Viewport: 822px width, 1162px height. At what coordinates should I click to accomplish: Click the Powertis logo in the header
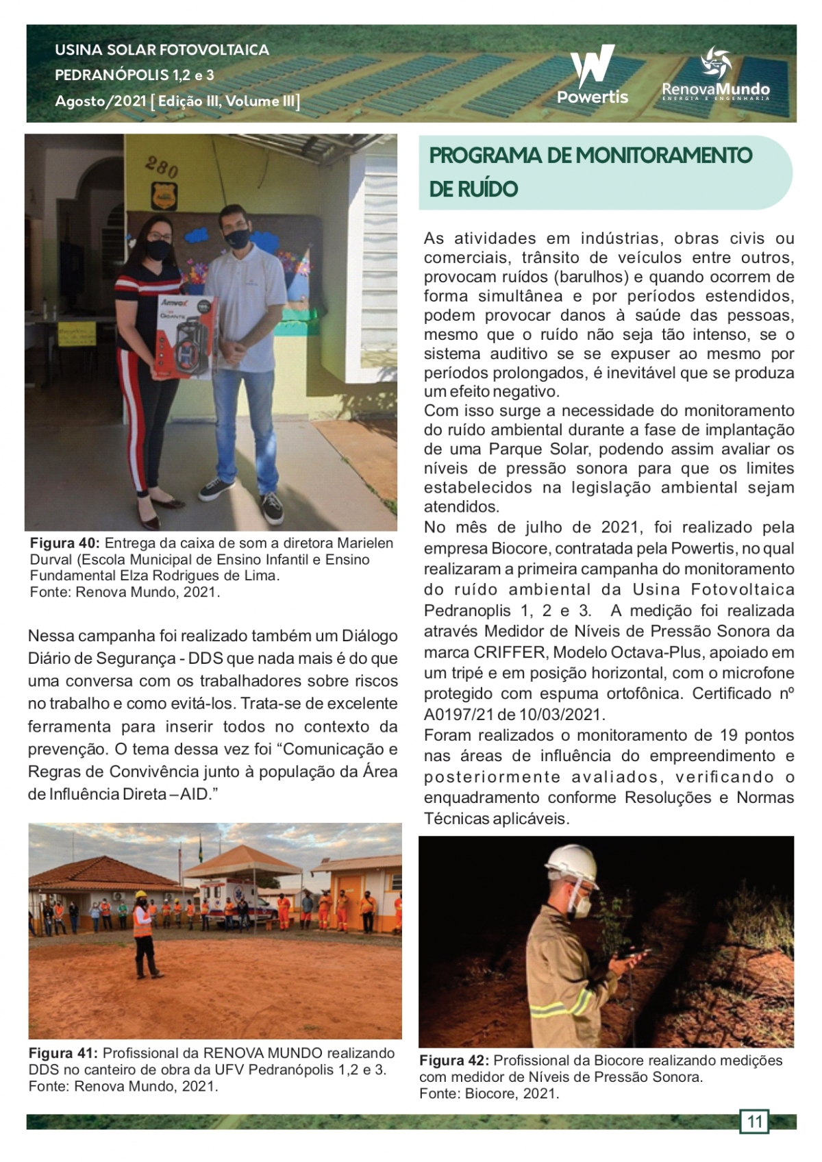(x=593, y=75)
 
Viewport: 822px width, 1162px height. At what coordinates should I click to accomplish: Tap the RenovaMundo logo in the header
(x=716, y=75)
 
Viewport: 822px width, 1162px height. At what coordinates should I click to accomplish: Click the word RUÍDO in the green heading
(x=473, y=189)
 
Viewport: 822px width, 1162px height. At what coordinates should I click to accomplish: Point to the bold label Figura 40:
(x=65, y=543)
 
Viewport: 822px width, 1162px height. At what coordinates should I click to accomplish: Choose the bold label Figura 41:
(x=64, y=1053)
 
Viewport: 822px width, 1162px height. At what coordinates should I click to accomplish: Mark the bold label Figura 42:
(x=455, y=1061)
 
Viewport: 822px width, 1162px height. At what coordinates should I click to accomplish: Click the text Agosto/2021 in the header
(x=101, y=101)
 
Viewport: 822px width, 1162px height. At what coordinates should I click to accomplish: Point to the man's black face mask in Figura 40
(x=237, y=238)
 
